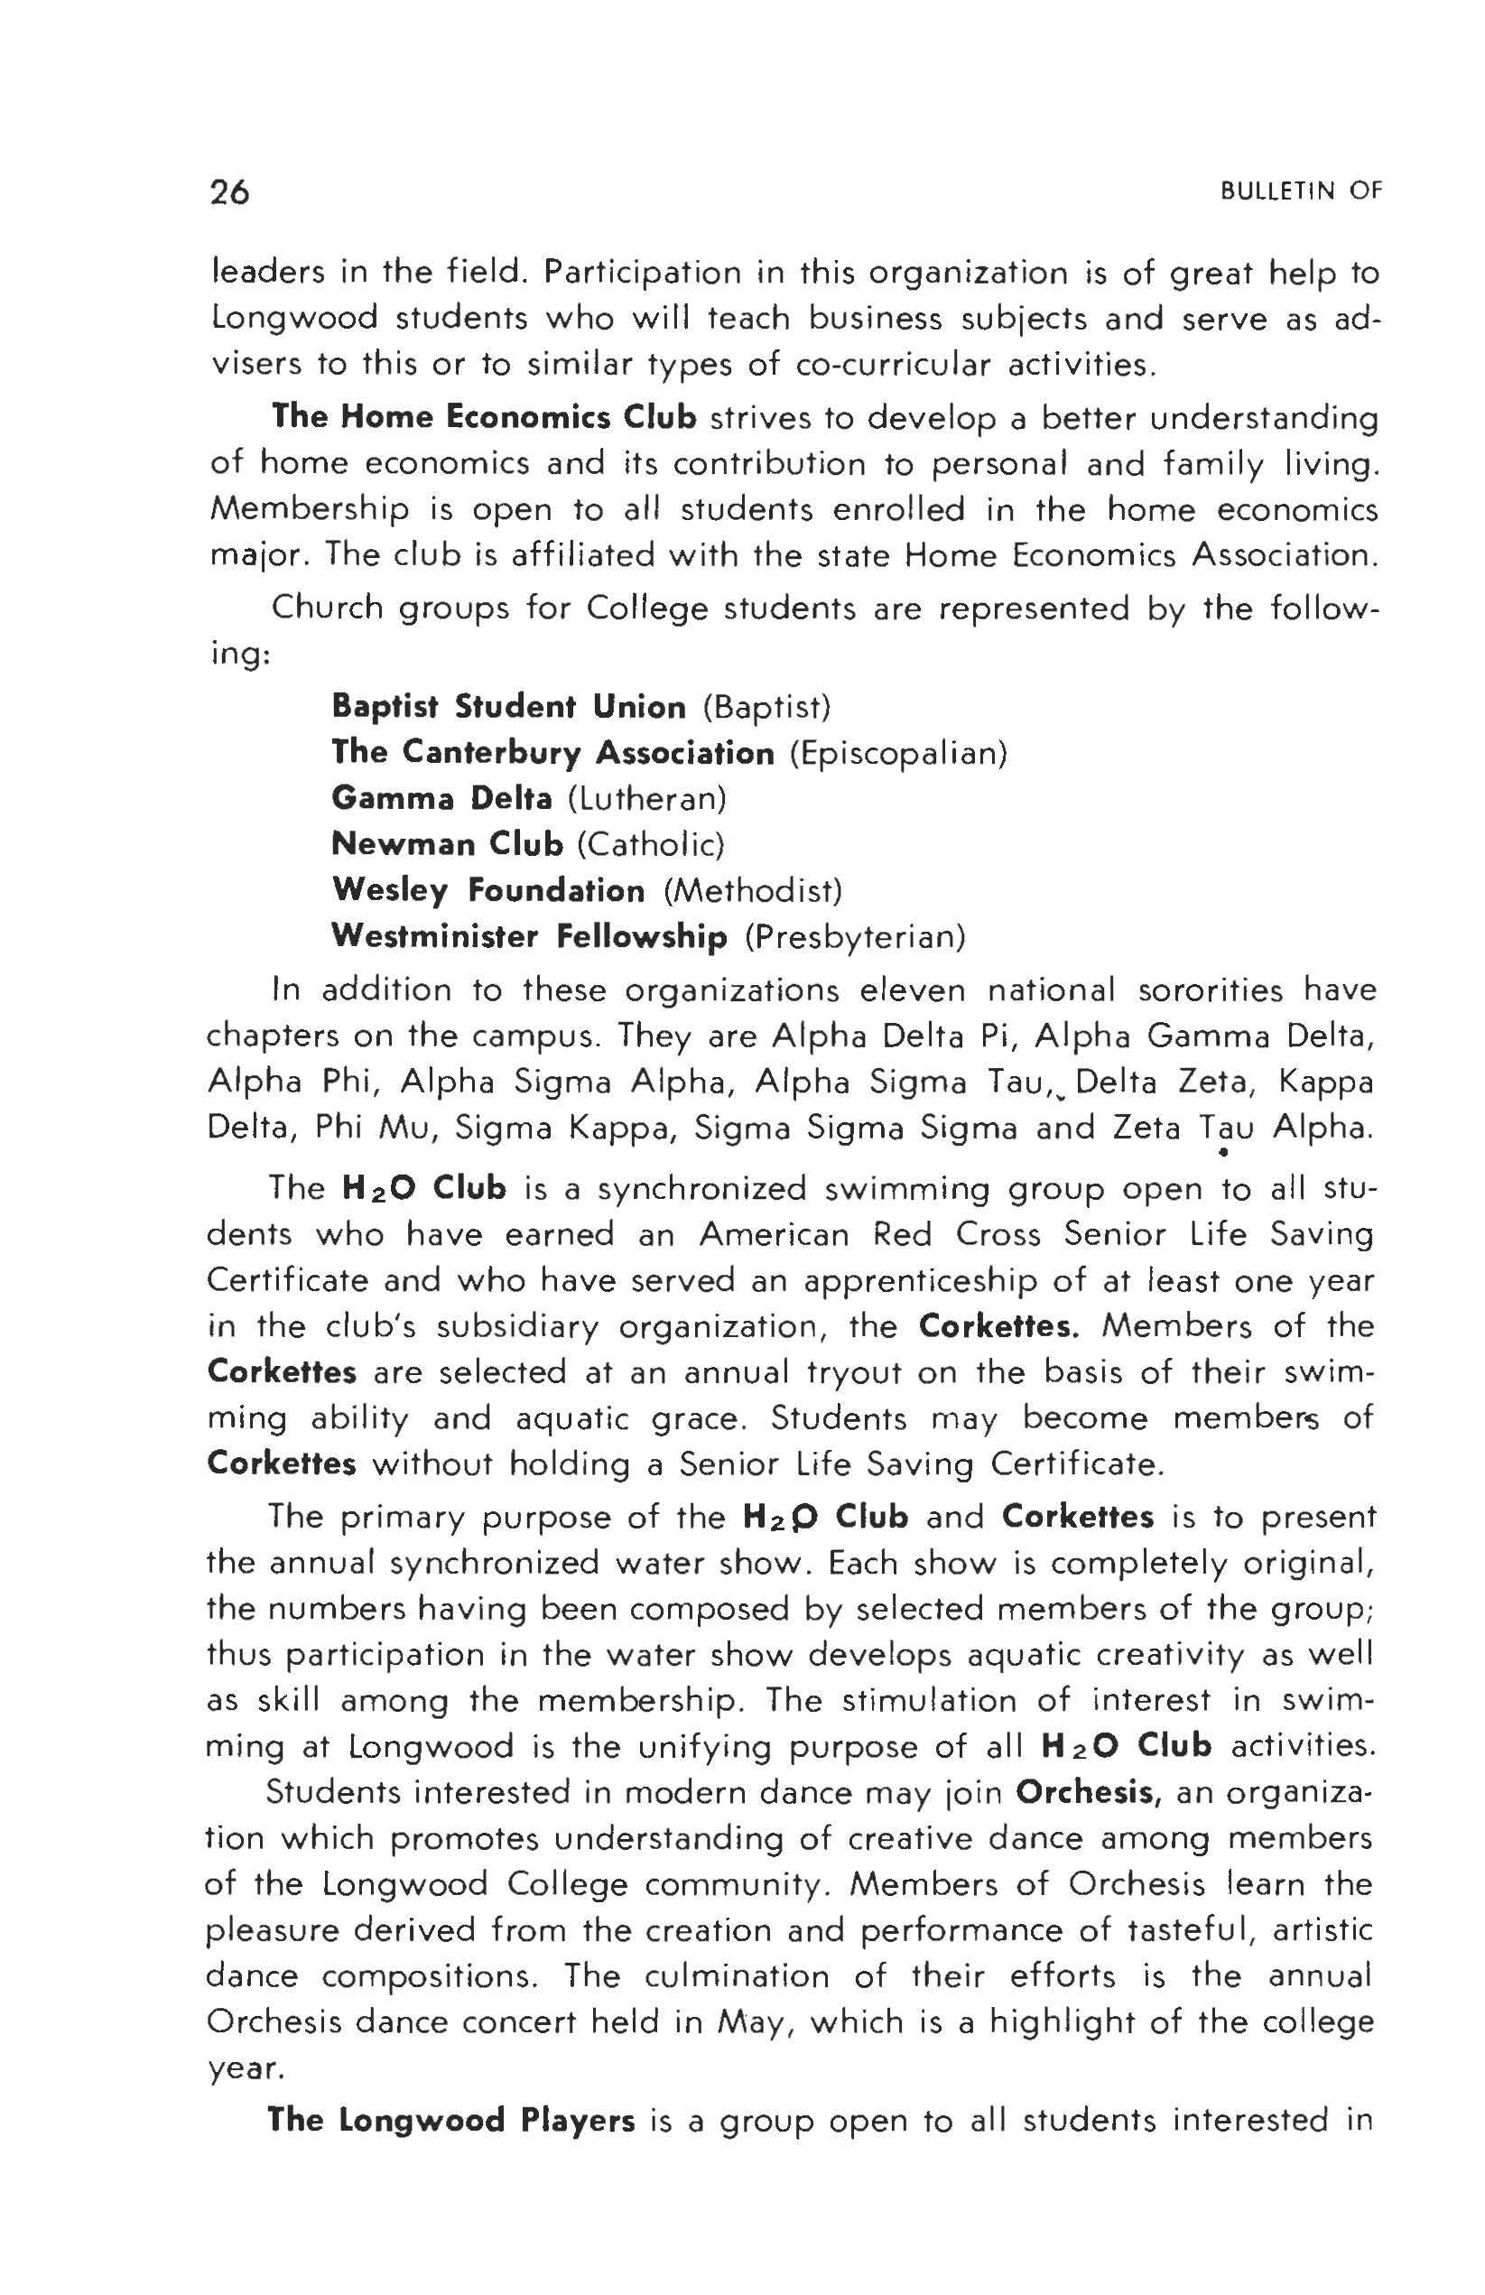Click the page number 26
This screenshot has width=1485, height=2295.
(x=229, y=193)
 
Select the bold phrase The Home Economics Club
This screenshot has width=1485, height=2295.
(x=484, y=417)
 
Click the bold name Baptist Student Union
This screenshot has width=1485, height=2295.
(x=508, y=707)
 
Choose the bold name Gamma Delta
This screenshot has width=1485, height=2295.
(x=441, y=798)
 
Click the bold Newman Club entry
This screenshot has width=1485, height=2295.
(x=447, y=845)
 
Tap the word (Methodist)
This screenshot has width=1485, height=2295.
(x=753, y=890)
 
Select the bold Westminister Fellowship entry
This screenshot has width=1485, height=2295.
(x=529, y=936)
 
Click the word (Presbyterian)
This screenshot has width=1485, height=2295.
(x=855, y=936)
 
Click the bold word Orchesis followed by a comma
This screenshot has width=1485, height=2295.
(x=1087, y=1793)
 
